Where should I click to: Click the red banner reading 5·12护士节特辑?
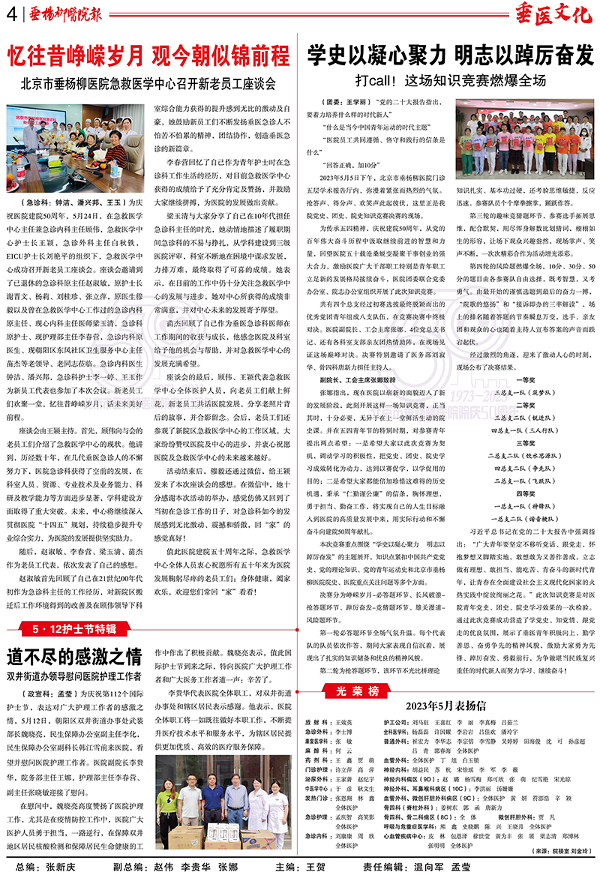click(73, 628)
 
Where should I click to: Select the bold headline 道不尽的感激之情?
click(73, 657)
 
